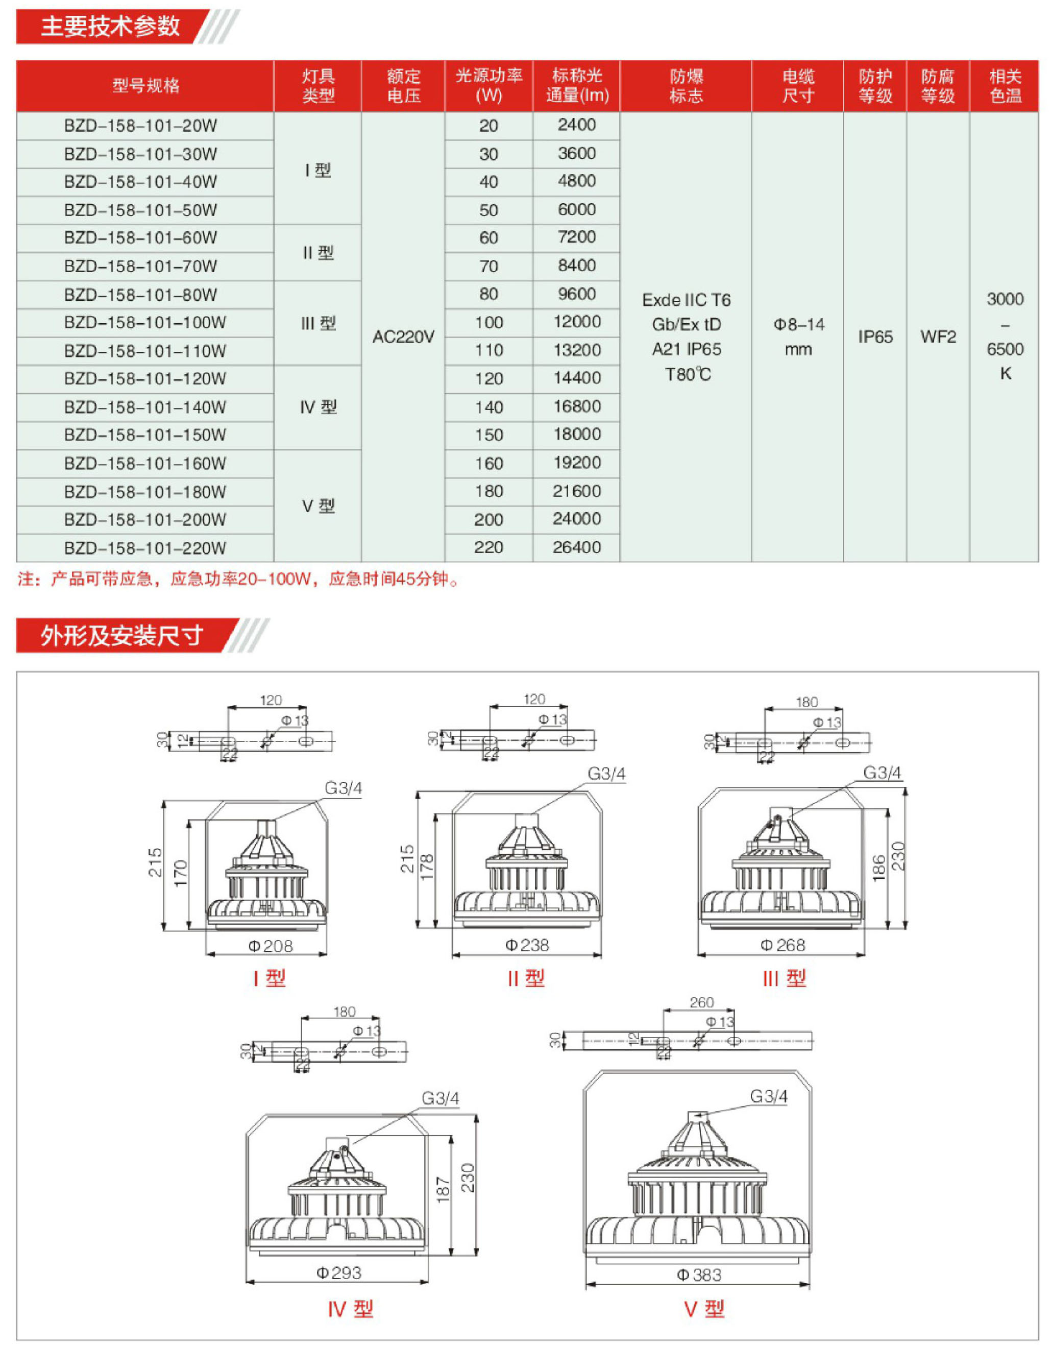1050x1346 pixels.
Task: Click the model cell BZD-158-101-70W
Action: (x=140, y=266)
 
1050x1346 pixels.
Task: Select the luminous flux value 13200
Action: (x=577, y=350)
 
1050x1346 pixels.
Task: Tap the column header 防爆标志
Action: (x=686, y=86)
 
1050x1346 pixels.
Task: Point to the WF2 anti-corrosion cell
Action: (x=938, y=336)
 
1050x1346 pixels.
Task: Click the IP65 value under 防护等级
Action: (x=875, y=336)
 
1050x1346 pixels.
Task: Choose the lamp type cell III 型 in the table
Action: (x=318, y=323)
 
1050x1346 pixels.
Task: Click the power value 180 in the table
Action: (x=489, y=491)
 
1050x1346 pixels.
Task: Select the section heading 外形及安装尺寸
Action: (x=122, y=635)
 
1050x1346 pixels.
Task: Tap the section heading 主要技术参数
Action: (x=110, y=27)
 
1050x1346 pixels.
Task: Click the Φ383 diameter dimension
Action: (x=699, y=1275)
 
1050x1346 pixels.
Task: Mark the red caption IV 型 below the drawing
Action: (x=350, y=1309)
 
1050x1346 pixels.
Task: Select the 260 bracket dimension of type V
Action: (x=701, y=1003)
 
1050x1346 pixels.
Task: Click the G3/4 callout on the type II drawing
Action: (x=606, y=774)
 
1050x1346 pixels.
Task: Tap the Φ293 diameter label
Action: (x=338, y=1272)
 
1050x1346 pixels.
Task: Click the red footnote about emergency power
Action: (x=238, y=580)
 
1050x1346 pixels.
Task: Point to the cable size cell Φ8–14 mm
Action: (x=798, y=336)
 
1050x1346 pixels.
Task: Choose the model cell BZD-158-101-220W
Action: (x=145, y=548)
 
